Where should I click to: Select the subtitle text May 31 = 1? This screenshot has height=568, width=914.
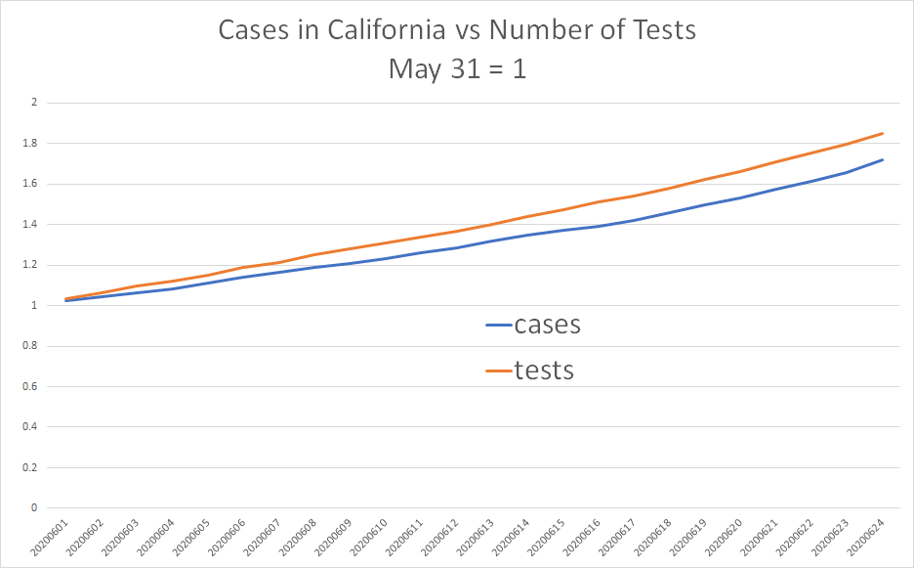[x=457, y=69]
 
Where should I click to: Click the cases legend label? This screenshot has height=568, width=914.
[x=547, y=325]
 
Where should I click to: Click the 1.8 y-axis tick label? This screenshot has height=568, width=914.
[x=29, y=144]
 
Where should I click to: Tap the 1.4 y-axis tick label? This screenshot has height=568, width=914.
[x=29, y=225]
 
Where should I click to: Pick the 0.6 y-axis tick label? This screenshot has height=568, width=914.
[x=29, y=387]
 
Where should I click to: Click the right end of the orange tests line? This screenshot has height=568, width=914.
[x=883, y=133]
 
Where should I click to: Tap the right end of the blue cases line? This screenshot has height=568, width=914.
[x=883, y=159]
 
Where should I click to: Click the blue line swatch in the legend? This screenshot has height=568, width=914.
[x=499, y=326]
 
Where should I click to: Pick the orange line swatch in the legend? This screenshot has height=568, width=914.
[x=499, y=371]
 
